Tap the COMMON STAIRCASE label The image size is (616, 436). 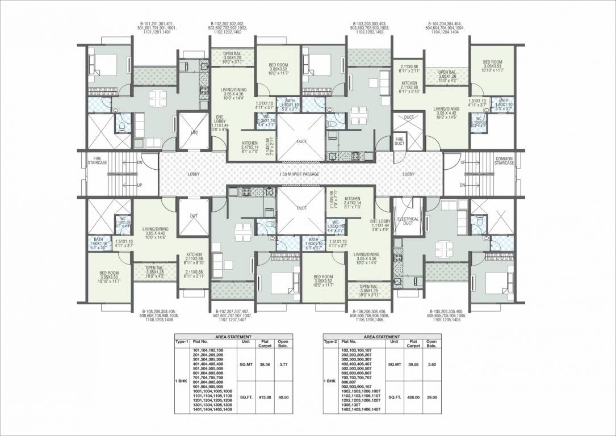tap(504, 161)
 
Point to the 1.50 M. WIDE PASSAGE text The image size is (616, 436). tap(299, 174)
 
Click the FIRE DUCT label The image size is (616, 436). tap(399, 141)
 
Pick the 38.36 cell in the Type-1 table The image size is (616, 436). tap(264, 366)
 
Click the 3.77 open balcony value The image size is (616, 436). tap(282, 366)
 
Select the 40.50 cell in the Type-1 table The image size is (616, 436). tap(282, 397)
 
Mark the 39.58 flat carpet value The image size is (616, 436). tap(413, 366)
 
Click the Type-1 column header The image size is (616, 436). tap(182, 342)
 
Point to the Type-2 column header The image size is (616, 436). tap(331, 342)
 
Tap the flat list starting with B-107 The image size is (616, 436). tap(234, 315)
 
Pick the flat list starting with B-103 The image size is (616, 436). tap(370, 28)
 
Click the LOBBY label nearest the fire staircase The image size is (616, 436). tap(194, 174)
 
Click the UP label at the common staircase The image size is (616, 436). tap(463, 163)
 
